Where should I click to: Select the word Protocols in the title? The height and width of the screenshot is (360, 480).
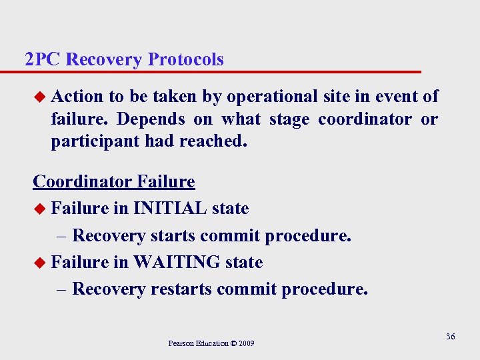point(186,59)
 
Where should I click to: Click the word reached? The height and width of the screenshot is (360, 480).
point(213,141)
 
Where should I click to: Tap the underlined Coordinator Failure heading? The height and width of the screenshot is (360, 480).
point(114,181)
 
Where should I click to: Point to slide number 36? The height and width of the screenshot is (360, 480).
point(450,337)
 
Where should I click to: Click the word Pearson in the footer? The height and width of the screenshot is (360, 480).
point(182,343)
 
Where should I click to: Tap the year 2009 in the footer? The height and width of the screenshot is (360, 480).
point(245,343)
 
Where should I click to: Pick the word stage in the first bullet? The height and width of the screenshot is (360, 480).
point(289,119)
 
